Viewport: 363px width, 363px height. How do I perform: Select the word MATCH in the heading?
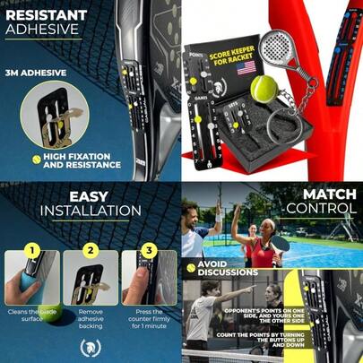328,195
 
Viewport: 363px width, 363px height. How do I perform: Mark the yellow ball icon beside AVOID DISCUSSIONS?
192,264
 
